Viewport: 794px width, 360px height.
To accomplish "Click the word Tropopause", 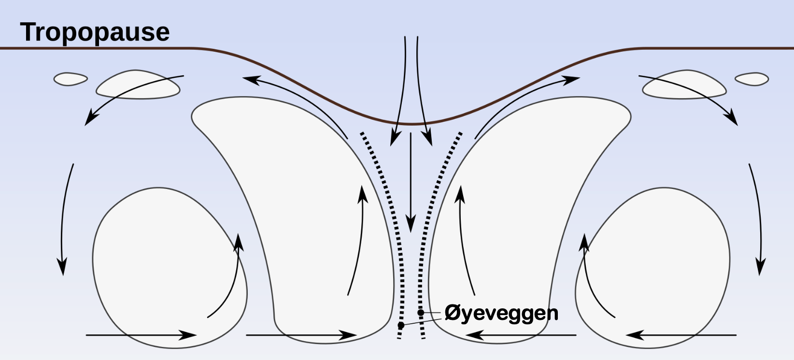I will pyautogui.click(x=95, y=32).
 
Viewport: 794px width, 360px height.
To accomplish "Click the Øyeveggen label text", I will pyautogui.click(x=501, y=314).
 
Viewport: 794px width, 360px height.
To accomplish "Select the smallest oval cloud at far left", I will pyautogui.click(x=71, y=79).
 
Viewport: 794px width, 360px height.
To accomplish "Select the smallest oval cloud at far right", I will pyautogui.click(x=751, y=79).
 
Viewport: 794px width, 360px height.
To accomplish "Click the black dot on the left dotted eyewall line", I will pyautogui.click(x=401, y=325).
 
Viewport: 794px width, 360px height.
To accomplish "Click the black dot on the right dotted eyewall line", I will pyautogui.click(x=421, y=313).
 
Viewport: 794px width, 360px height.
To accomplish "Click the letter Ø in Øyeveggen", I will pyautogui.click(x=452, y=314).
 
